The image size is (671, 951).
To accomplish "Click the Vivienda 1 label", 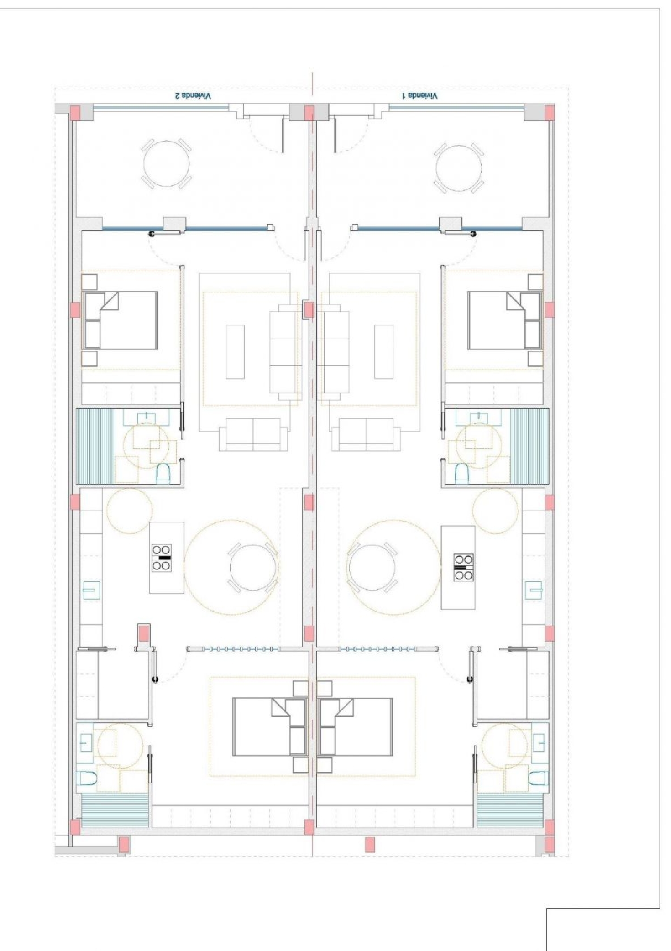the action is [420, 96].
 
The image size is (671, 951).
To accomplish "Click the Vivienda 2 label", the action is [193, 96].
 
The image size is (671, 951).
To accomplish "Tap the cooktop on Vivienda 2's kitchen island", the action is [161, 558].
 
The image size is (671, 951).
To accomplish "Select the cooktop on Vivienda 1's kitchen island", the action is [464, 567].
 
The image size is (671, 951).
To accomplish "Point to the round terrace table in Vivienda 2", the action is [166, 164].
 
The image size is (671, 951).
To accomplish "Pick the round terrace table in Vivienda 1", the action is [459, 166].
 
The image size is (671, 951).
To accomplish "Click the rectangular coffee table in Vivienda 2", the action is [235, 352].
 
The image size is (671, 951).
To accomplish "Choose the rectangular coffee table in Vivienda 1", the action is [384, 352].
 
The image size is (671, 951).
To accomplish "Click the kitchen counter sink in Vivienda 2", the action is [92, 590].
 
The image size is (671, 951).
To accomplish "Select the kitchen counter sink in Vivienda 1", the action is [534, 589].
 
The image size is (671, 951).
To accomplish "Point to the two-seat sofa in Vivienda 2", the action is [253, 434].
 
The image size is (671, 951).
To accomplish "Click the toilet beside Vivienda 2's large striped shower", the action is [163, 473].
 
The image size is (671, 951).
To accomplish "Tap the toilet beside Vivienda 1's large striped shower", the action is [462, 473].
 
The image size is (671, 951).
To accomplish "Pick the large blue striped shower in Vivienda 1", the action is [530, 446].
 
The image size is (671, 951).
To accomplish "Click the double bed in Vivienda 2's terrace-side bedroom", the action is [120, 320].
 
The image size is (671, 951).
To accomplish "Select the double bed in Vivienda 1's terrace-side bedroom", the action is [505, 320].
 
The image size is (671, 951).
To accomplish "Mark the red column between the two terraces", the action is [309, 112].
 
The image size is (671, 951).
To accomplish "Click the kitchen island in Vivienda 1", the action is [458, 567].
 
